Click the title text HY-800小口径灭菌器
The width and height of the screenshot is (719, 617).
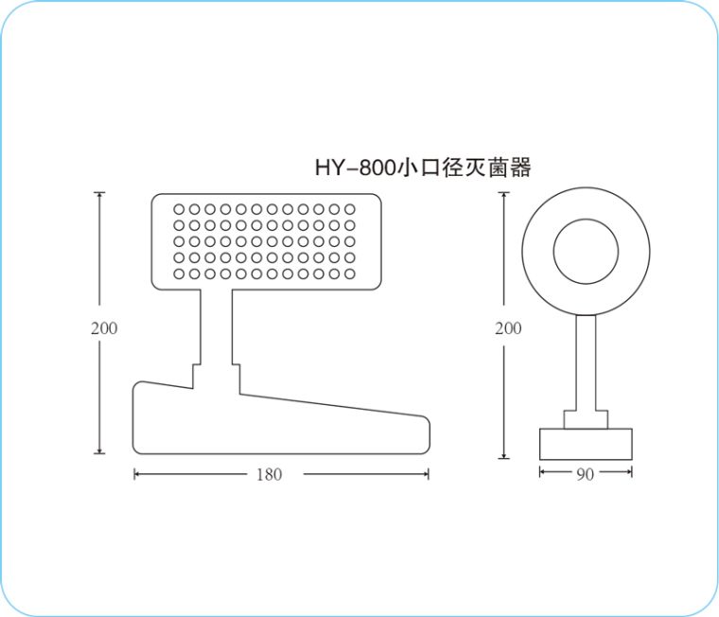422,168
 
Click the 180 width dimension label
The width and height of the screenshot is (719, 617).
269,474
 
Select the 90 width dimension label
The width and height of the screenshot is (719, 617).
585,474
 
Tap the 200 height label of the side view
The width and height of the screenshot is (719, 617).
104,328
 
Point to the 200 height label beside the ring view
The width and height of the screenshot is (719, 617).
508,328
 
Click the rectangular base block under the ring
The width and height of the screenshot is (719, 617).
586,444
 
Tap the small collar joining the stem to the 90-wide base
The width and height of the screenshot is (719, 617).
586,419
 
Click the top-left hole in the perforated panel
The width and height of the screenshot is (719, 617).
180,209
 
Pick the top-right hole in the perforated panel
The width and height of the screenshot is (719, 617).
349,209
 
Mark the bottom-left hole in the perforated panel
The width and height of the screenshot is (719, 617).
180,273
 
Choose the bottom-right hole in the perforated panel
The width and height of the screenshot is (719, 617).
349,273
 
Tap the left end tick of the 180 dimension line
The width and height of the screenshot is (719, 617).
135,474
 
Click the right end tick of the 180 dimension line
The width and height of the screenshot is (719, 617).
429,474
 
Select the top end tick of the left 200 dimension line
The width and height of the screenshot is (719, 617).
99,193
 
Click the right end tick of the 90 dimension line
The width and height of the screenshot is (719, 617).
631,474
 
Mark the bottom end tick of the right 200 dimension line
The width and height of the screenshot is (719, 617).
504,458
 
